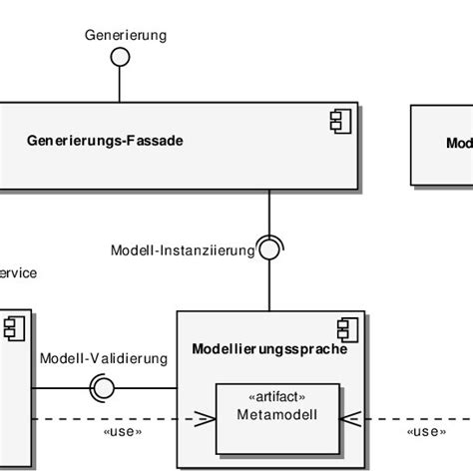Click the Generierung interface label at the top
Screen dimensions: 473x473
[x=126, y=36]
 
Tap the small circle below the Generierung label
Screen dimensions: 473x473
[x=120, y=58]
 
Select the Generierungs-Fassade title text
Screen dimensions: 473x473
[x=105, y=141]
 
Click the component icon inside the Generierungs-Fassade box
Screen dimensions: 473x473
[x=338, y=122]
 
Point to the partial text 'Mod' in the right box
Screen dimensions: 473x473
[x=458, y=143]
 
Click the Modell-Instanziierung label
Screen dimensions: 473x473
[x=183, y=250]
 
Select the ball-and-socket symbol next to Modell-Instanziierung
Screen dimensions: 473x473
[x=269, y=248]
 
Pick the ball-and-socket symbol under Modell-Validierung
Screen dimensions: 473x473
[x=102, y=387]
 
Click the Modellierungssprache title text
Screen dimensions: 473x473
[x=268, y=349]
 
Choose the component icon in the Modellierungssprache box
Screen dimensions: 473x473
[x=346, y=328]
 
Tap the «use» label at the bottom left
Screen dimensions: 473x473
[x=122, y=431]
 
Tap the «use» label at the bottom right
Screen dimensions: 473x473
[x=426, y=431]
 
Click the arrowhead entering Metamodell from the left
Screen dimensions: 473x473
[x=207, y=418]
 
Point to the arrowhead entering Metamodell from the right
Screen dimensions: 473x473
[x=348, y=418]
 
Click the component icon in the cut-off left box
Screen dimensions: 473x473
[x=13, y=328]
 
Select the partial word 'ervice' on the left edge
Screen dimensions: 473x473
[x=19, y=271]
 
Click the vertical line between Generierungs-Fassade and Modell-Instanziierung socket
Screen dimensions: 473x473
[x=269, y=212]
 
